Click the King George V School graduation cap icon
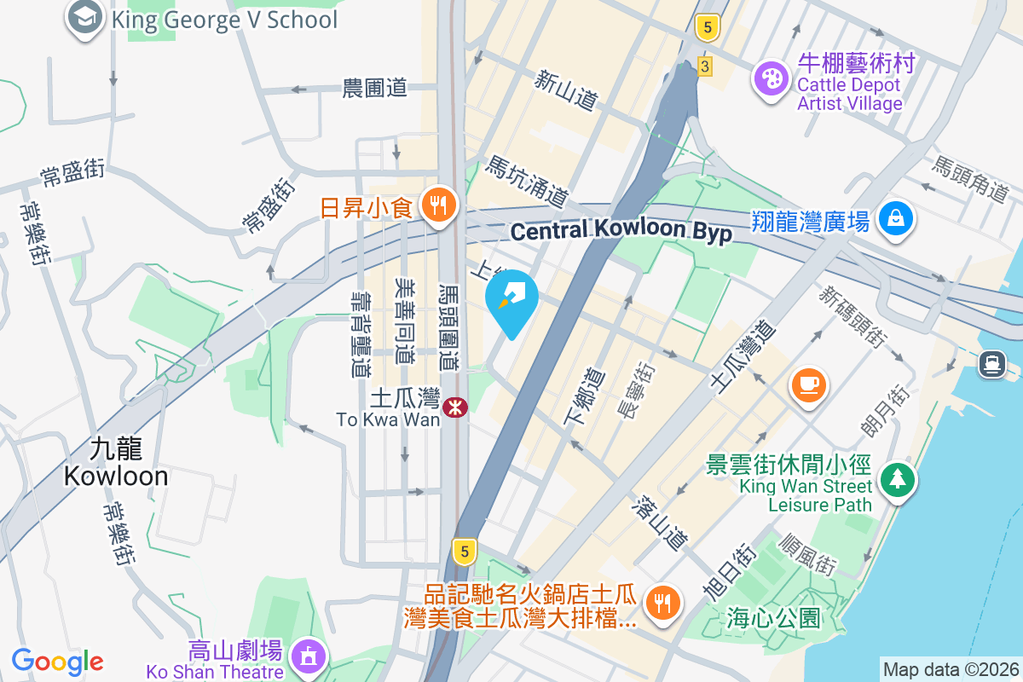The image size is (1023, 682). [85, 18]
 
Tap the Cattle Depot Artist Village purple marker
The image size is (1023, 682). [772, 79]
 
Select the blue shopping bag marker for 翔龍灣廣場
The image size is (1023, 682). [896, 218]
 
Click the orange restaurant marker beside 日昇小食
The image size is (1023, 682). [439, 205]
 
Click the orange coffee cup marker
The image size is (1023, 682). [808, 383]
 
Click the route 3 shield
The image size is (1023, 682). [704, 66]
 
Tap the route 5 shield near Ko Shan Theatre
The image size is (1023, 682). [464, 552]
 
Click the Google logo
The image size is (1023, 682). [58, 662]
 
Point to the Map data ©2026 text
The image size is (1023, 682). [950, 669]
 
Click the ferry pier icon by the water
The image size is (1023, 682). [991, 364]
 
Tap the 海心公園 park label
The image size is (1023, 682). [773, 616]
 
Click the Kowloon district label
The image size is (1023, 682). [116, 463]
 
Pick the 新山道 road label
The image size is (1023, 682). [565, 90]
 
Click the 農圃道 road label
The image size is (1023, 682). [375, 88]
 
